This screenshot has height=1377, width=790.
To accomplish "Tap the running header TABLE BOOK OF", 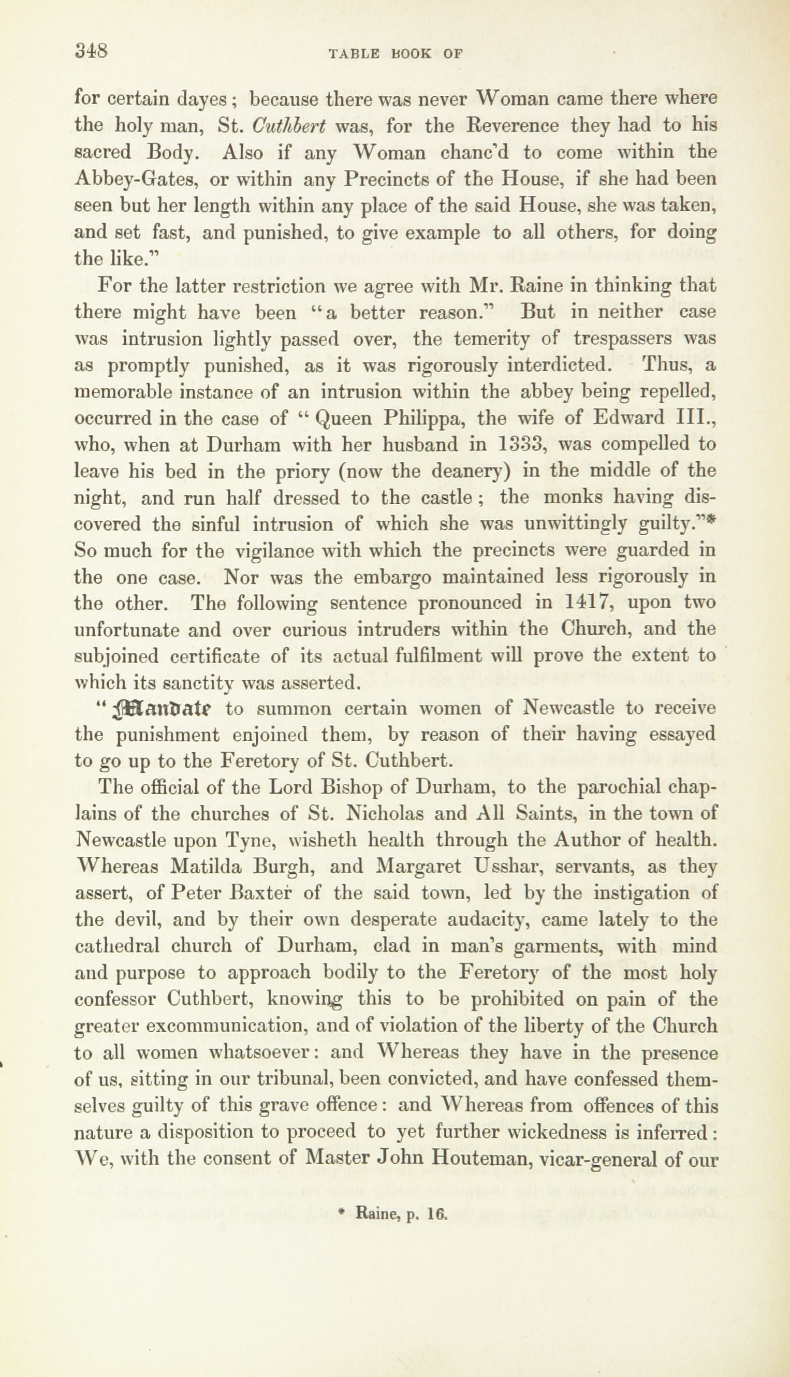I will pos(395,53).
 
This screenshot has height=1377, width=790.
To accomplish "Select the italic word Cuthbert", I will pos(289,126).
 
